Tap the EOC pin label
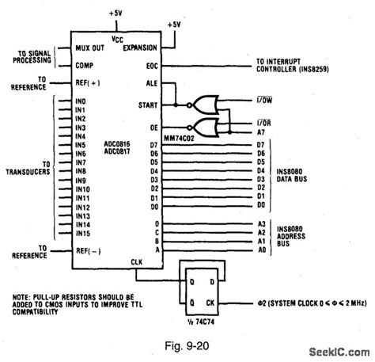(153, 66)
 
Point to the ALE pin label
(153, 83)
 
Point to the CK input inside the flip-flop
(210, 303)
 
